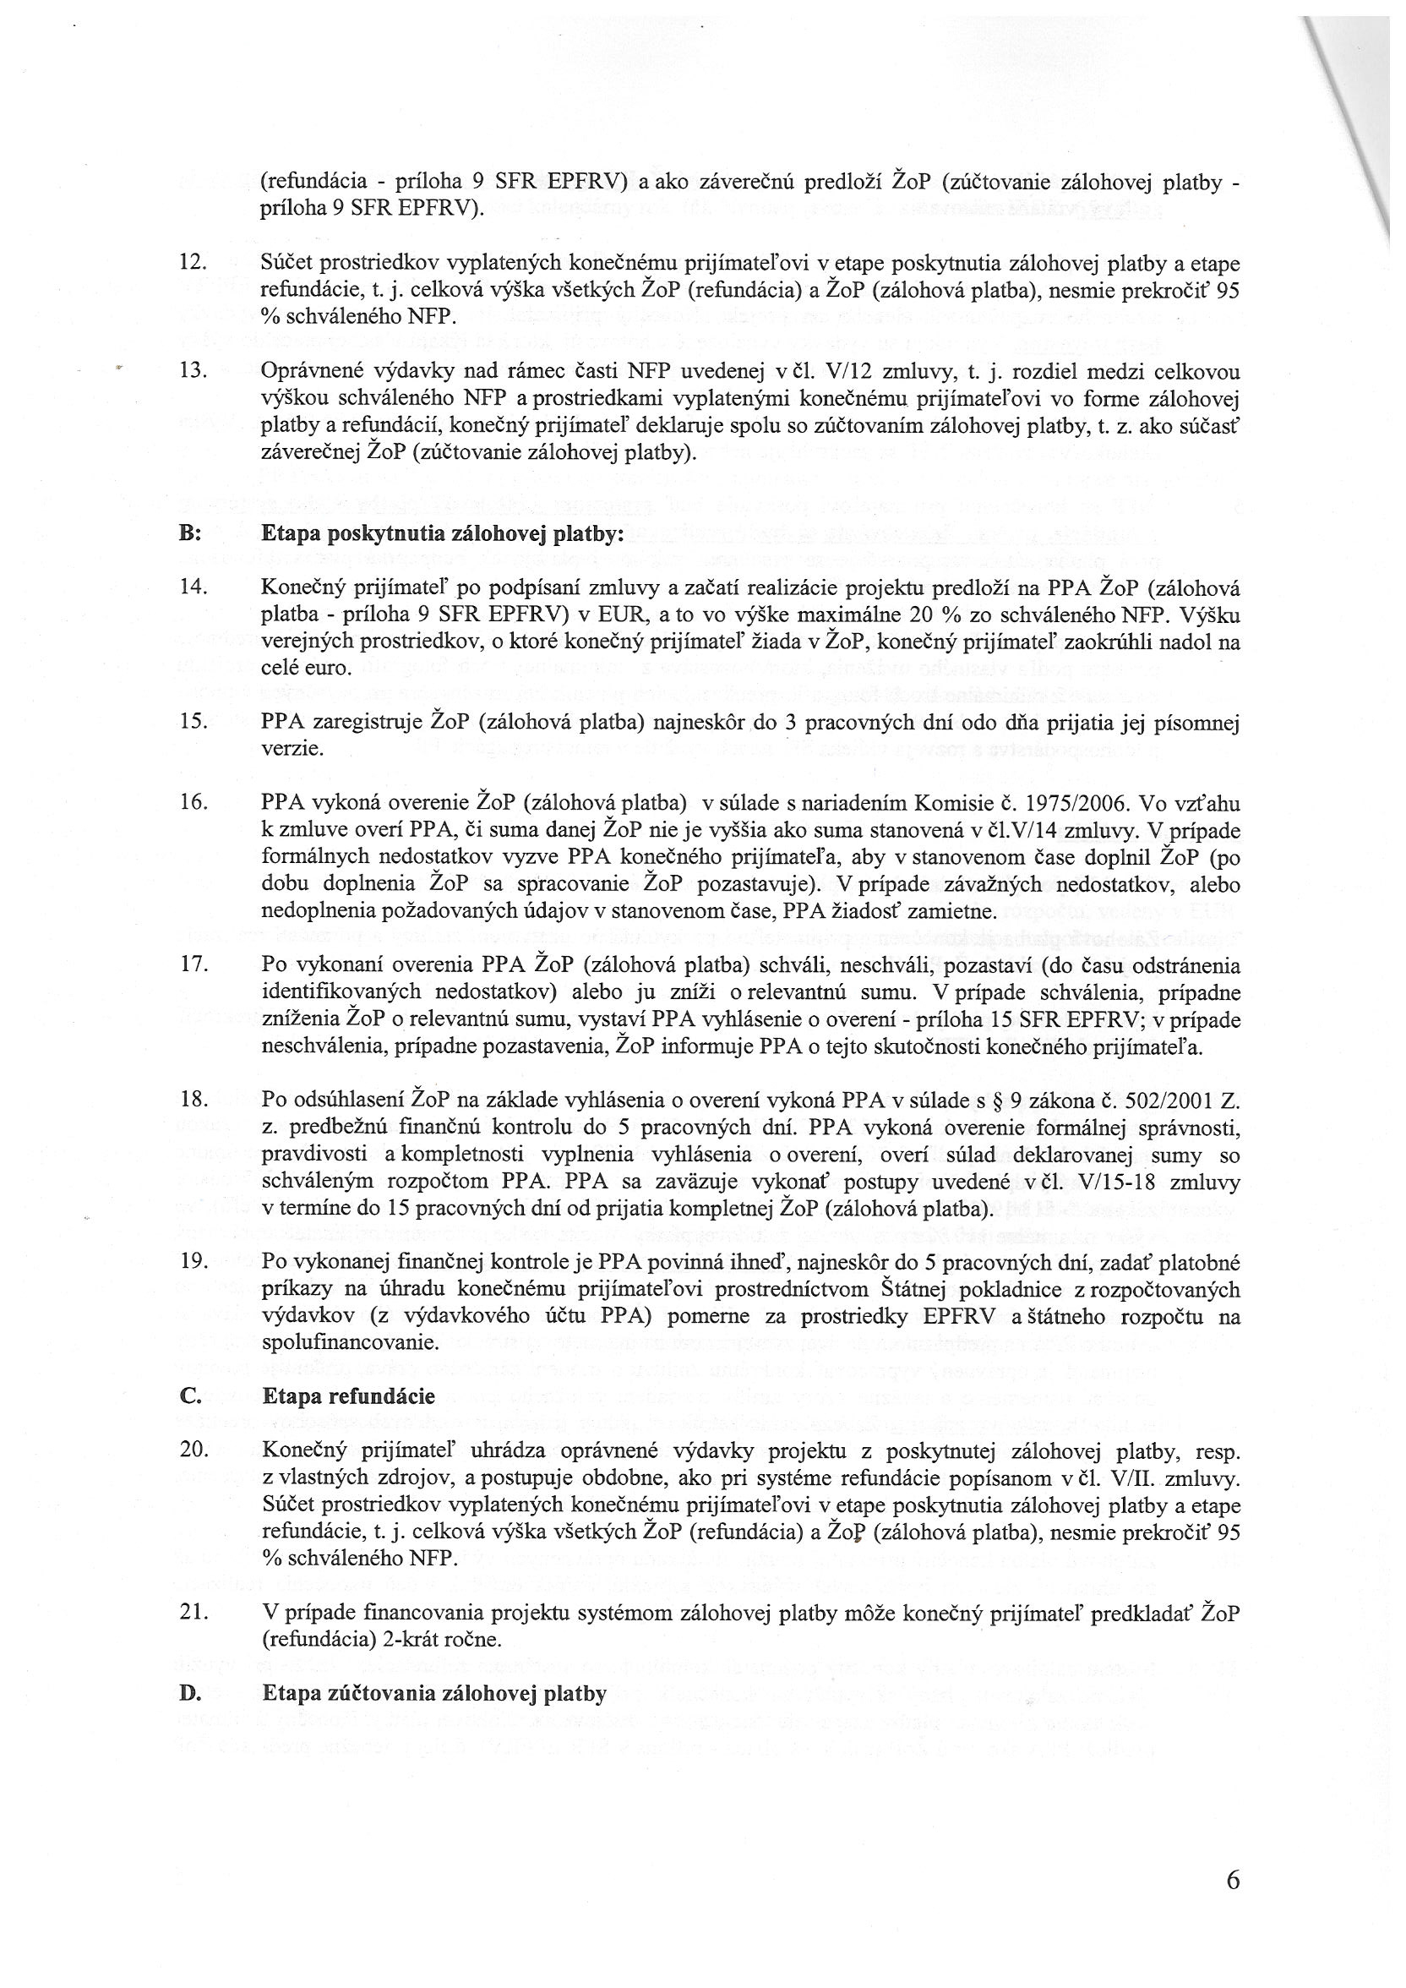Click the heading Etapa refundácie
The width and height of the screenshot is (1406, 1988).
[x=348, y=1395]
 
